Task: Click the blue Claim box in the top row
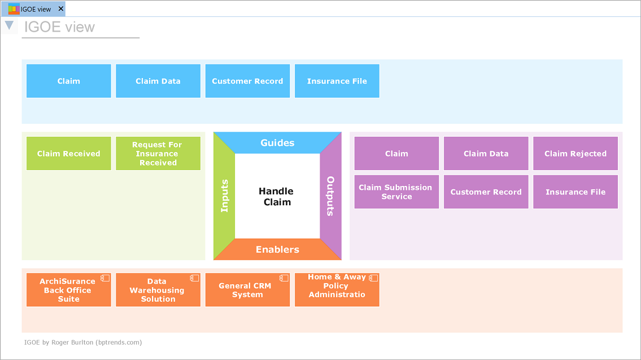(x=69, y=81)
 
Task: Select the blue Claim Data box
(x=158, y=81)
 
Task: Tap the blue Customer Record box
(x=247, y=81)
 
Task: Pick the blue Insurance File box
(x=337, y=81)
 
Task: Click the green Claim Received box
(x=69, y=153)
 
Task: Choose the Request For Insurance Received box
(x=158, y=153)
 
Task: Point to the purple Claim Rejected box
(x=575, y=153)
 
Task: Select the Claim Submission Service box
(x=396, y=192)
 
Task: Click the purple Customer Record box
(x=486, y=192)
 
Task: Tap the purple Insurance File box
(x=575, y=192)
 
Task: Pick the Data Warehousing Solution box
(x=158, y=290)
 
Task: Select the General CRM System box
(x=247, y=290)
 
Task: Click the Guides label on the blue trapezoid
(x=277, y=143)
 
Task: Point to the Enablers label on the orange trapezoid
(x=277, y=249)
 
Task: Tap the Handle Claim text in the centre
(x=277, y=197)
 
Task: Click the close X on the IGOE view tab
(x=61, y=9)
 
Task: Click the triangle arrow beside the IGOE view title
(x=9, y=25)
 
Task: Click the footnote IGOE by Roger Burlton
(x=83, y=342)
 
